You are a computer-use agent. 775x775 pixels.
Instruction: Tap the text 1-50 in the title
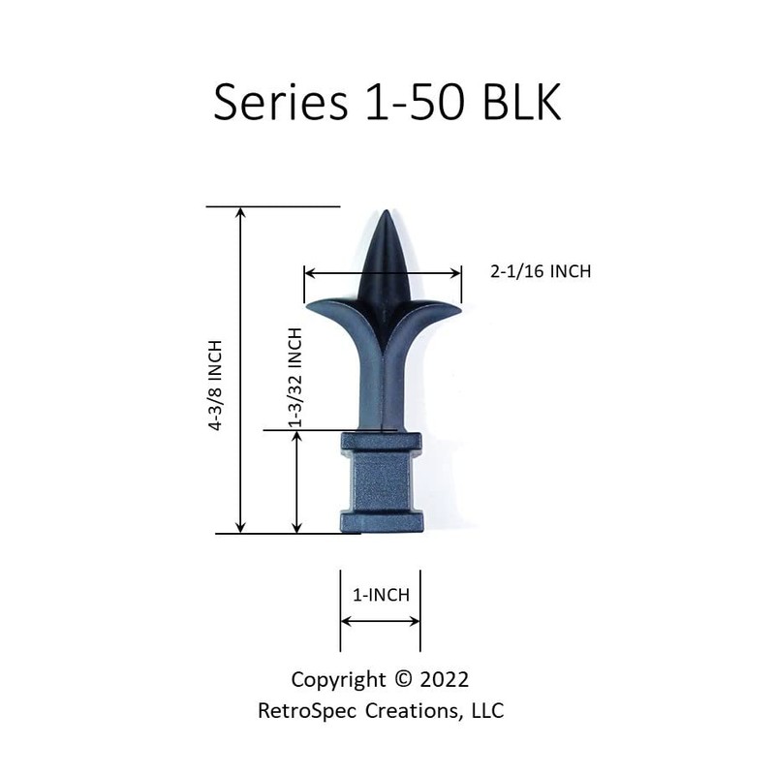pyautogui.click(x=412, y=102)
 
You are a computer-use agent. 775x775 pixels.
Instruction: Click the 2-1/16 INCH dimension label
pyautogui.click(x=541, y=271)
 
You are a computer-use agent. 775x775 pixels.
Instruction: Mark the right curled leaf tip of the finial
pyautogui.click(x=458, y=308)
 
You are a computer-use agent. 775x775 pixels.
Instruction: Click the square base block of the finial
pyautogui.click(x=381, y=484)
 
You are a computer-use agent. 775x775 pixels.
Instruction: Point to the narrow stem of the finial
pyautogui.click(x=382, y=387)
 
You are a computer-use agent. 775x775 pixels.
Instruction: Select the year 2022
pyautogui.click(x=445, y=677)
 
